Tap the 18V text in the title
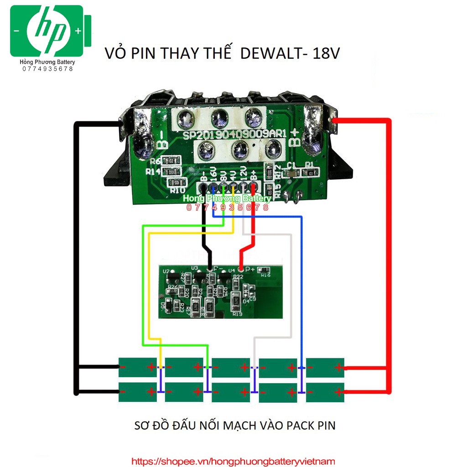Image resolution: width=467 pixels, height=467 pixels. [326, 54]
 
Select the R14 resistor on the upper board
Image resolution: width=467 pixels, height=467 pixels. [171, 172]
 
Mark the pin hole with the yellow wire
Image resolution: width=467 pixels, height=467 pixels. [233, 187]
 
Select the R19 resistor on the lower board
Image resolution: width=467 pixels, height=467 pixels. [237, 301]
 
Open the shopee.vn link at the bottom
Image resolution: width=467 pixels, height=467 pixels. [233, 462]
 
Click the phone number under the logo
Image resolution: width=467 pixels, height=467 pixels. [48, 69]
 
